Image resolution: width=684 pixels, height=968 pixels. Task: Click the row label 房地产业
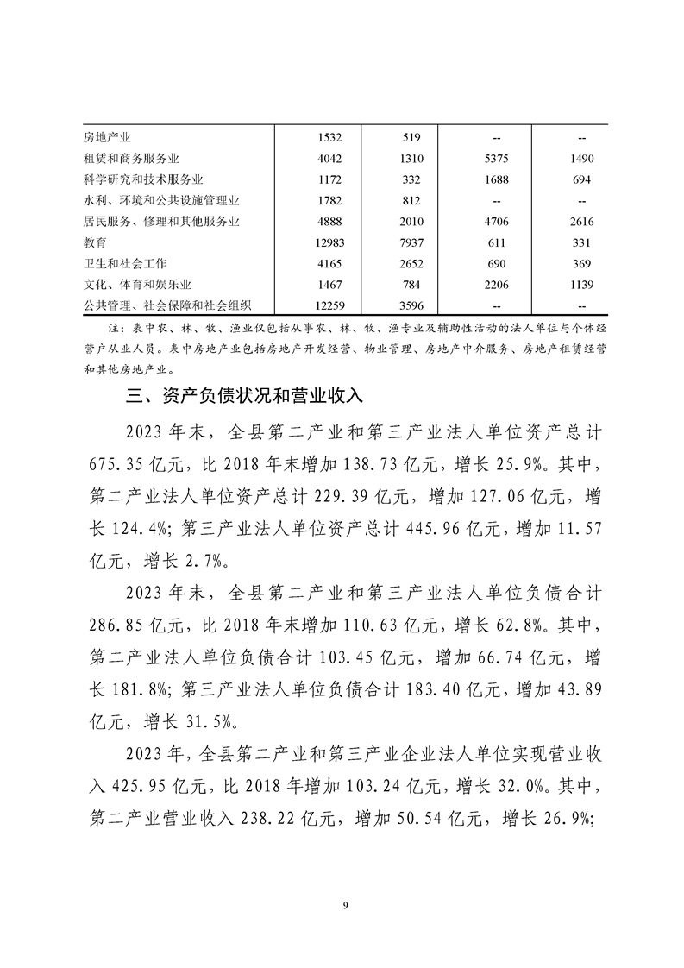pyautogui.click(x=107, y=137)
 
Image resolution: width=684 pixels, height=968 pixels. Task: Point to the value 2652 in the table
pyautogui.click(x=412, y=263)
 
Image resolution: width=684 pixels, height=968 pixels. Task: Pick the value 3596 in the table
pyautogui.click(x=412, y=305)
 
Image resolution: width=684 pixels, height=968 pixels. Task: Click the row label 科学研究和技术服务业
pyautogui.click(x=143, y=179)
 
